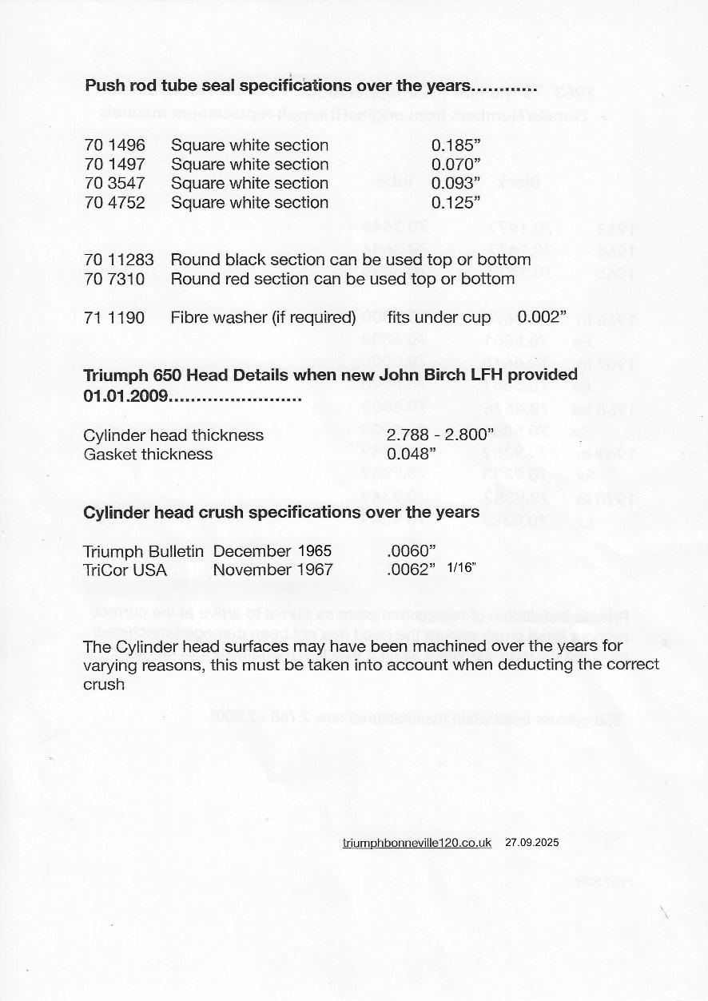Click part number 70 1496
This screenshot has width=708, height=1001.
click(x=115, y=145)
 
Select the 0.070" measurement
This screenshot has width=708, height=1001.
click(x=455, y=165)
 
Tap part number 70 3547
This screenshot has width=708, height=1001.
click(x=115, y=184)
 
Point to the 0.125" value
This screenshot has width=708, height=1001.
click(x=455, y=203)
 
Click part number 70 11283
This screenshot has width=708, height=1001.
click(x=119, y=260)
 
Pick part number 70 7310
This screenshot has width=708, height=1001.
click(x=115, y=279)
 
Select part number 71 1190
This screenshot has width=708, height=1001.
click(x=115, y=318)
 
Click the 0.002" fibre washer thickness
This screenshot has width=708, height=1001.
click(x=542, y=318)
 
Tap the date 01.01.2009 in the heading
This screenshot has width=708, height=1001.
click(x=125, y=396)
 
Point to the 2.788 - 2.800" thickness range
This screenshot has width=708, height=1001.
click(x=440, y=435)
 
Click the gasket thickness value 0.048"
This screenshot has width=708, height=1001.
click(x=411, y=455)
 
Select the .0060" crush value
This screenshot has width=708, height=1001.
click(x=411, y=551)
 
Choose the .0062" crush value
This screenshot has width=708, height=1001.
click(x=411, y=570)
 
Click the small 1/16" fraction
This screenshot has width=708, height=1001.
click(x=462, y=568)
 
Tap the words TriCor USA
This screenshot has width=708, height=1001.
click(x=125, y=570)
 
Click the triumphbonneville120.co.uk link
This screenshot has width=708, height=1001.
click(x=416, y=843)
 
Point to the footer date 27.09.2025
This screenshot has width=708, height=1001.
click(x=532, y=843)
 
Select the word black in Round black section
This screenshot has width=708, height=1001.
click(x=240, y=260)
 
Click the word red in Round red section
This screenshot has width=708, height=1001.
click(x=232, y=279)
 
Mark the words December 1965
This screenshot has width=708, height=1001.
click(x=272, y=551)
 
